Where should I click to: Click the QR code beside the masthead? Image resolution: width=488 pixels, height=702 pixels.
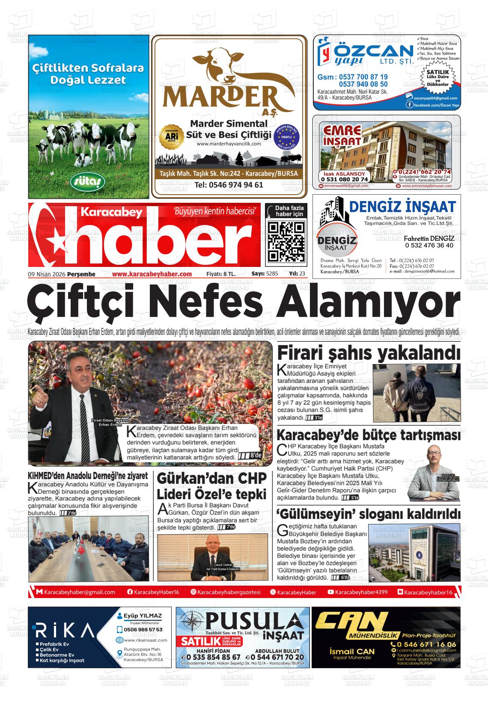pos(286,242)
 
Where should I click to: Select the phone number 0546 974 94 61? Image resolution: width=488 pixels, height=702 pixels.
pos(229,185)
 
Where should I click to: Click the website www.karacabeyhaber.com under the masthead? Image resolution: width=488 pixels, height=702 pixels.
pos(152,274)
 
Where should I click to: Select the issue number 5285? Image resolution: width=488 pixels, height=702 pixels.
pos(271,274)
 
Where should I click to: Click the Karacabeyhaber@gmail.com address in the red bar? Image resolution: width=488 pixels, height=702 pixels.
pos(79,592)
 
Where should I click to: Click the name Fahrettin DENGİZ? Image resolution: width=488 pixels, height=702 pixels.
pos(429,238)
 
